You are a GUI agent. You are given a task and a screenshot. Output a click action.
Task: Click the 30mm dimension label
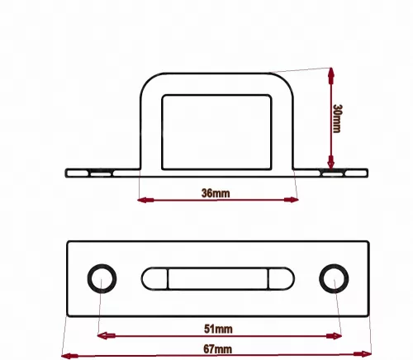pos(337,118)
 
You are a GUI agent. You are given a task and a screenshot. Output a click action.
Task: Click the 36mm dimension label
pos(216,193)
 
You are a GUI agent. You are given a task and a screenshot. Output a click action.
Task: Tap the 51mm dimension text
pos(218,329)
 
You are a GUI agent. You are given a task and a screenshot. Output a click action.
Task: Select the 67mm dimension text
pos(217,349)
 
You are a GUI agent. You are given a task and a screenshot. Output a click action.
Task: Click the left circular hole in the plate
pos(102,278)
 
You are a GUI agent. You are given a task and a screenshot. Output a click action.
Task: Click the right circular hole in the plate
pos(334,278)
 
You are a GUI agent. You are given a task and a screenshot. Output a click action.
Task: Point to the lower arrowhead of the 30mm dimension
pos(331,163)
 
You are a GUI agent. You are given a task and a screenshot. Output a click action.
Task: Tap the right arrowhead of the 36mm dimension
pos(291,200)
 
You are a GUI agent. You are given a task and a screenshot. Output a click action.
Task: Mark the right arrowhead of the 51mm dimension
pos(334,336)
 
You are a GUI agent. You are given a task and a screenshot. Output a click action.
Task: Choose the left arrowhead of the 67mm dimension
pos(69,356)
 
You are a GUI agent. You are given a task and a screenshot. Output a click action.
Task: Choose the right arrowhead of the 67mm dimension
pos(363,354)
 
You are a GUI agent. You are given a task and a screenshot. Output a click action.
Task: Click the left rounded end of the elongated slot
pos(154,278)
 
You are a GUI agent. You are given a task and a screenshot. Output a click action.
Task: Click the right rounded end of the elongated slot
pos(282,278)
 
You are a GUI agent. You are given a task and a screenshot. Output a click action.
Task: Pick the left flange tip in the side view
pos(66,173)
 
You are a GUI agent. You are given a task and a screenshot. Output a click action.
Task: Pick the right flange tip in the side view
pos(367,173)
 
